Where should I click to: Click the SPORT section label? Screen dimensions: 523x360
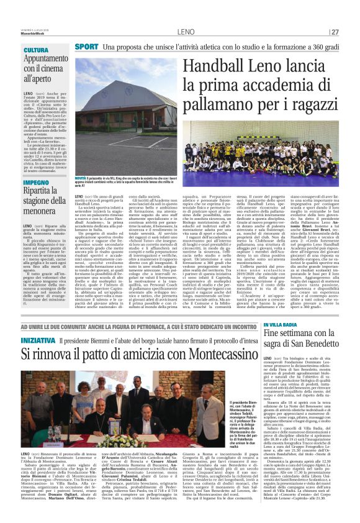86,47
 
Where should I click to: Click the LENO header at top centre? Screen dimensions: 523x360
186,32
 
